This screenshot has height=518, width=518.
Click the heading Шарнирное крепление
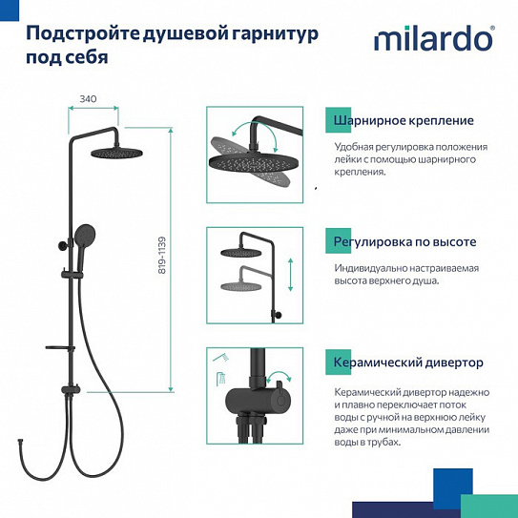point(403,121)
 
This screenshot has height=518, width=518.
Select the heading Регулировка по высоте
point(404,242)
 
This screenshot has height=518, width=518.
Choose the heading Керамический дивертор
point(408,363)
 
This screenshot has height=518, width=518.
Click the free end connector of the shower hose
point(20,443)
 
